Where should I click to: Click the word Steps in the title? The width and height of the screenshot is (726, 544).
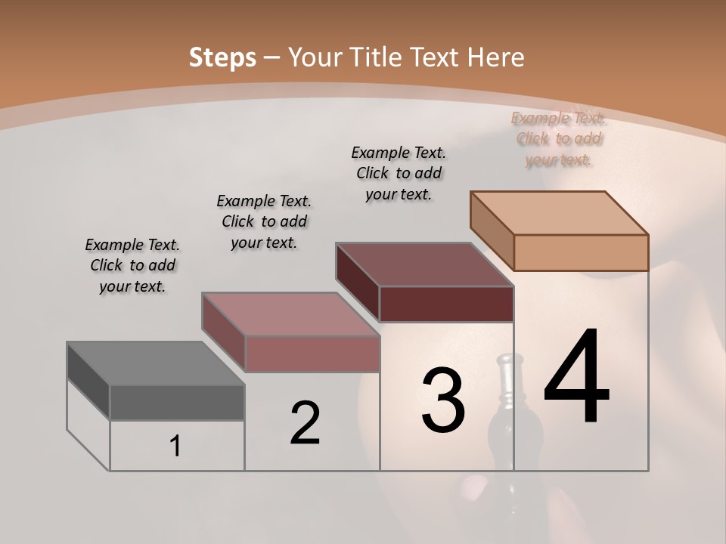pyautogui.click(x=222, y=57)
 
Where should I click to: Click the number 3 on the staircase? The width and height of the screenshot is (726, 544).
pyautogui.click(x=443, y=400)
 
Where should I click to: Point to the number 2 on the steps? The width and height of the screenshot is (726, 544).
pyautogui.click(x=305, y=423)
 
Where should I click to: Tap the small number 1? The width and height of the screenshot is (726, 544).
pyautogui.click(x=175, y=447)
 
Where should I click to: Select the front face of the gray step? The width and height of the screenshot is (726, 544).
pyautogui.click(x=177, y=403)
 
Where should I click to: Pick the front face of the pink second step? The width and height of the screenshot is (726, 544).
pyautogui.click(x=312, y=354)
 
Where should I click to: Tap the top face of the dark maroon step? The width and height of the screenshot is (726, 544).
pyautogui.click(x=424, y=264)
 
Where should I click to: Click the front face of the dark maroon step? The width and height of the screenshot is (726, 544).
pyautogui.click(x=446, y=304)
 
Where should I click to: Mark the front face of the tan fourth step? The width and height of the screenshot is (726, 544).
pyautogui.click(x=581, y=252)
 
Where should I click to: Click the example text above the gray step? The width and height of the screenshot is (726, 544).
pyautogui.click(x=132, y=265)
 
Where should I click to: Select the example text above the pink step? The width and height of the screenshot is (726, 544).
pyautogui.click(x=264, y=221)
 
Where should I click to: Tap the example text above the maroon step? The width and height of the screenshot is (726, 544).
pyautogui.click(x=399, y=173)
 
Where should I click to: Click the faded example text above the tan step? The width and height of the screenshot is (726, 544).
pyautogui.click(x=559, y=138)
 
